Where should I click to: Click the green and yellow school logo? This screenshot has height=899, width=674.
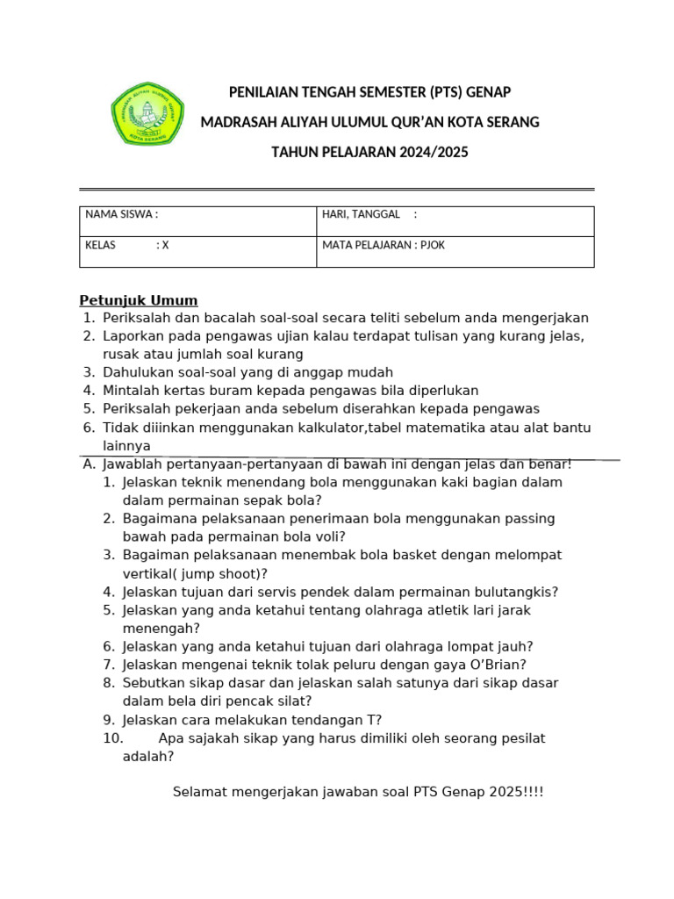click(x=147, y=114)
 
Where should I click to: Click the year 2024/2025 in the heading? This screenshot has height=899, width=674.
click(x=434, y=152)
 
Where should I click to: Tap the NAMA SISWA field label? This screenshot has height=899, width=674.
click(x=121, y=214)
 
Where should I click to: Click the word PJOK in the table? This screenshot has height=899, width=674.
click(x=431, y=245)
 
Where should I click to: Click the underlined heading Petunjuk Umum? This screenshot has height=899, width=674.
click(x=139, y=300)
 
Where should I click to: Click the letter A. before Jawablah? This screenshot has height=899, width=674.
click(x=89, y=464)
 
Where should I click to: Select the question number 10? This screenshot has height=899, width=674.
click(x=113, y=738)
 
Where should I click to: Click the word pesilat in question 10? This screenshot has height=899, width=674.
click(x=521, y=738)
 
